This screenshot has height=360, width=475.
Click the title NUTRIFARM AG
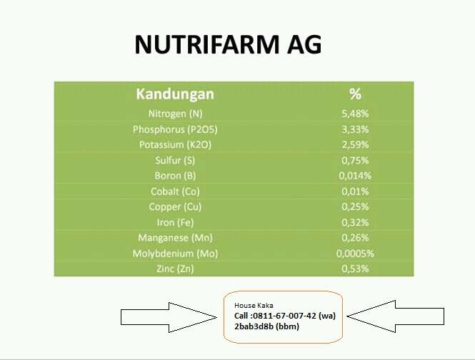point(228,45)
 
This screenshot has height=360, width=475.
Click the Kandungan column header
point(175,94)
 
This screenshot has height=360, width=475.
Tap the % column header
point(355,94)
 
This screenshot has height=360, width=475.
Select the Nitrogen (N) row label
point(175,114)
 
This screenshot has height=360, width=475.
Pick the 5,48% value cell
point(355,114)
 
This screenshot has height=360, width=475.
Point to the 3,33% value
point(355,129)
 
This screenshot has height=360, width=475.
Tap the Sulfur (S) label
point(175,160)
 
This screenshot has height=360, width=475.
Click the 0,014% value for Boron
point(355,176)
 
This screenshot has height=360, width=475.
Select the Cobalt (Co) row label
point(175,191)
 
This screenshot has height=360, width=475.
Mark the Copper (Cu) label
point(175,206)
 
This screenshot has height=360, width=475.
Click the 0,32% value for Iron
point(355,222)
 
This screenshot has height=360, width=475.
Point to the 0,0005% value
point(355,254)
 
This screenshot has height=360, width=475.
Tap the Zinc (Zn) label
point(175,269)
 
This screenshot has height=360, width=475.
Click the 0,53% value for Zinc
point(355,269)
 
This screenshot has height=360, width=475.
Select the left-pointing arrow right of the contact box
point(396,316)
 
